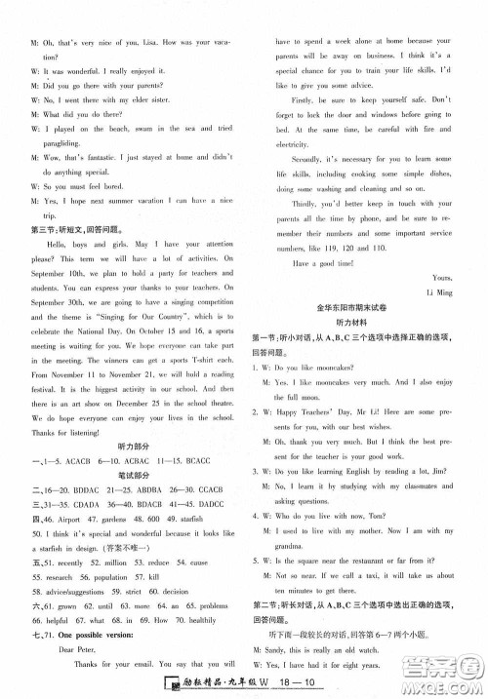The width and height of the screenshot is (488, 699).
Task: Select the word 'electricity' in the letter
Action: pos(297,143)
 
